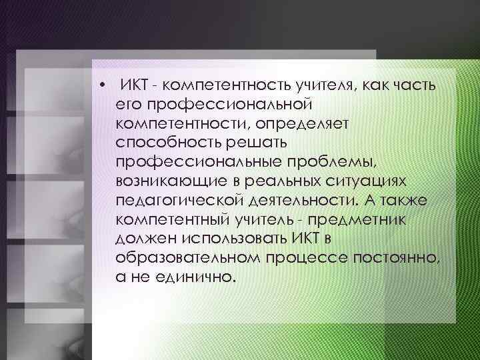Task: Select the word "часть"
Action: tap(413, 86)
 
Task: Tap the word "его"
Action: tap(126, 105)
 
